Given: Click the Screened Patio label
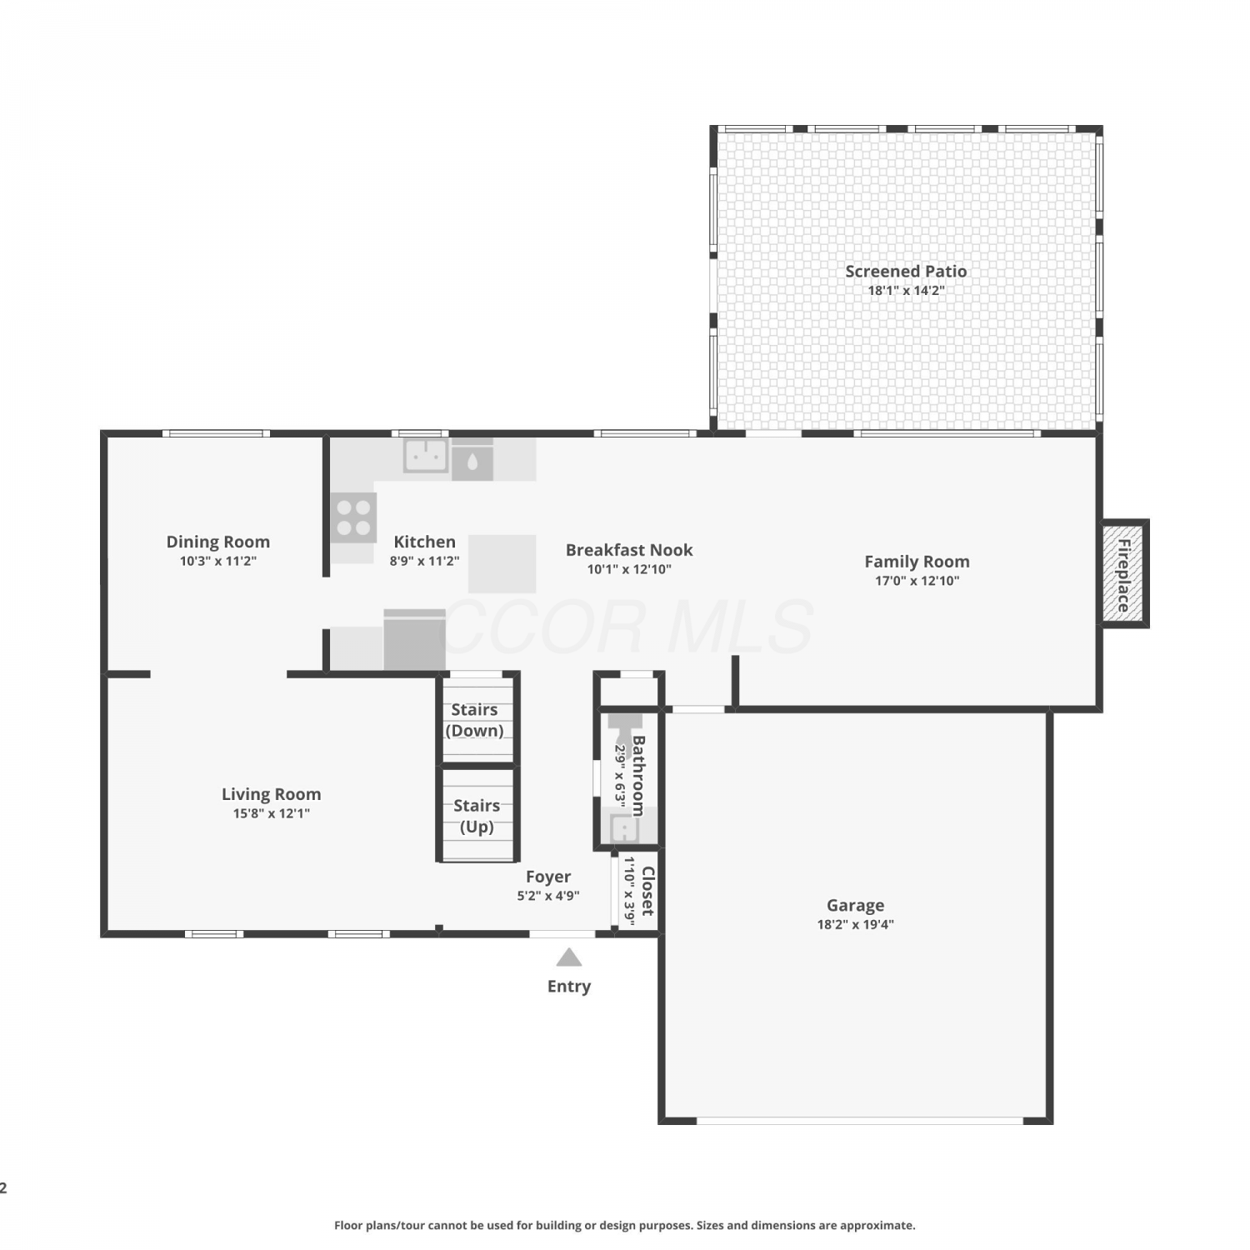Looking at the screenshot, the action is pyautogui.click(x=906, y=271).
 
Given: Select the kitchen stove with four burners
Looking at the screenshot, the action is pyautogui.click(x=353, y=517).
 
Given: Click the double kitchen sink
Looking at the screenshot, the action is pyautogui.click(x=426, y=456).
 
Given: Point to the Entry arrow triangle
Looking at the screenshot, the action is pyautogui.click(x=568, y=957).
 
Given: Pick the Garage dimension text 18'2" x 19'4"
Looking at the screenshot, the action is pyautogui.click(x=855, y=924).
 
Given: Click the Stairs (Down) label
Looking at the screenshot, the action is pyautogui.click(x=474, y=720).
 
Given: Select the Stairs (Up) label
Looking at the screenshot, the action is pyautogui.click(x=477, y=816).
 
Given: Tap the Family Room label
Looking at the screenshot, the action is pyautogui.click(x=917, y=562).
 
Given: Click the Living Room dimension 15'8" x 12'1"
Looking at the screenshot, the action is pyautogui.click(x=271, y=813).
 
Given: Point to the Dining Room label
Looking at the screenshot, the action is pyautogui.click(x=217, y=542).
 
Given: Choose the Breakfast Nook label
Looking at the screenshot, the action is pyautogui.click(x=629, y=550).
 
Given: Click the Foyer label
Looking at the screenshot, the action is pyautogui.click(x=548, y=877).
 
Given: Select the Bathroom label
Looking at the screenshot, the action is pyautogui.click(x=638, y=775).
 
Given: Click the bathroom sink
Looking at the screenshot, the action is pyautogui.click(x=623, y=828).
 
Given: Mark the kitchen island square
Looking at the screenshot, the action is pyautogui.click(x=502, y=563).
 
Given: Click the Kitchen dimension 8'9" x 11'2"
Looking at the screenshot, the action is pyautogui.click(x=424, y=561).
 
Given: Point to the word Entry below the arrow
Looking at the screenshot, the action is pyautogui.click(x=569, y=987).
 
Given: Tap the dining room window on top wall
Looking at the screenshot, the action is pyautogui.click(x=216, y=433).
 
